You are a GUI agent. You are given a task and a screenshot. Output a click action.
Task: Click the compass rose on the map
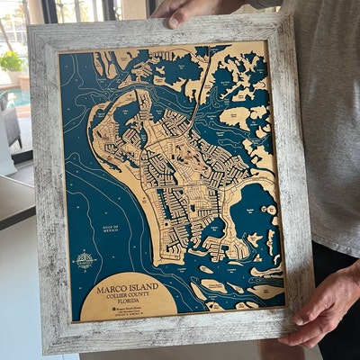tap(85, 261)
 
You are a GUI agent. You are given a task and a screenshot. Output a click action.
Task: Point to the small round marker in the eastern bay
tap(270, 210)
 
